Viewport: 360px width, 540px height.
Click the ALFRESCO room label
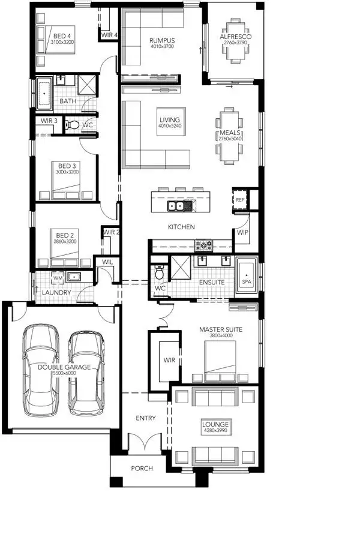(x=235, y=37)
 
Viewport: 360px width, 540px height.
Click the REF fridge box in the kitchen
(x=240, y=199)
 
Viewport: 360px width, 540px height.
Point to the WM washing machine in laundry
(x=58, y=277)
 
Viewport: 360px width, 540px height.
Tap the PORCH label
(x=142, y=469)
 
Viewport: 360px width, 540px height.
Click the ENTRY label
(x=145, y=418)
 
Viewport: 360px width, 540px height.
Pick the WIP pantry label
(x=242, y=232)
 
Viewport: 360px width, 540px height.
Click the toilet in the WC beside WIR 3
(x=73, y=125)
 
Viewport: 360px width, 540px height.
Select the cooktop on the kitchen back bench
(x=203, y=244)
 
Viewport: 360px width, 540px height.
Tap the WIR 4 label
(x=109, y=35)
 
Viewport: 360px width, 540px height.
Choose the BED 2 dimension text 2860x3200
(x=65, y=241)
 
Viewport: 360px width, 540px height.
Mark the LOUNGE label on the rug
(x=215, y=424)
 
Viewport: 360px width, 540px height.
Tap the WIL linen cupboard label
(x=108, y=262)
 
